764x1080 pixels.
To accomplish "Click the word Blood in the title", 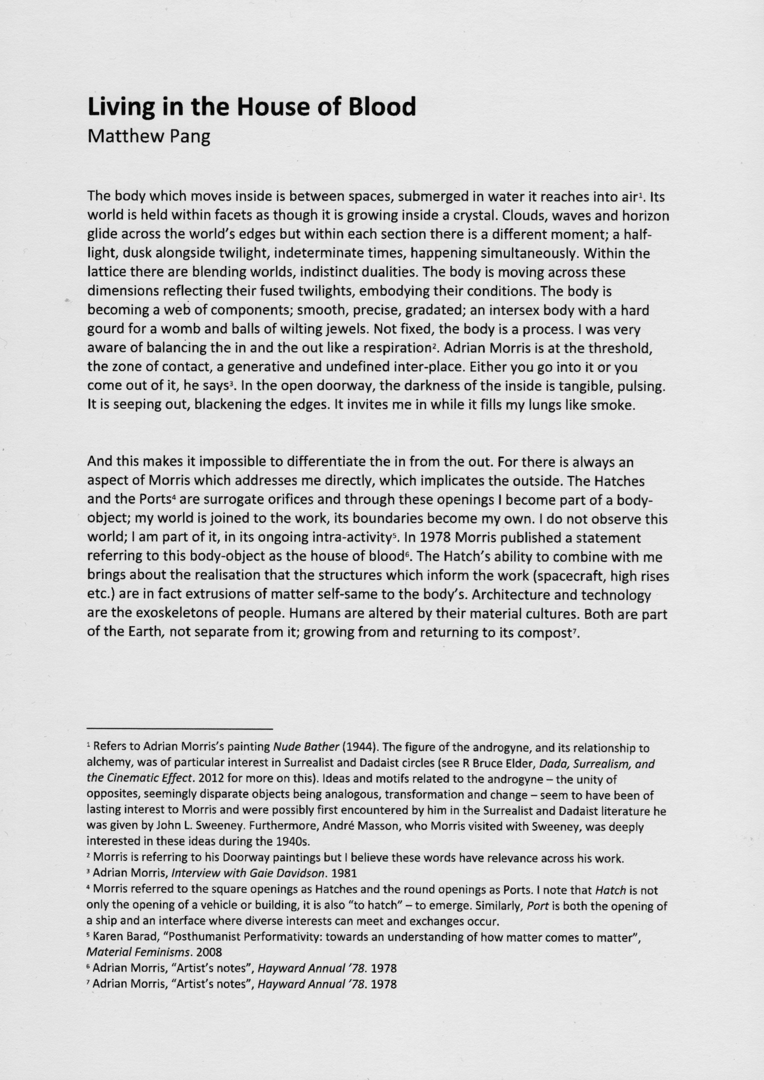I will click(382, 107).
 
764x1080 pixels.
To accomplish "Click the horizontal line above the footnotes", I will click(179, 729).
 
